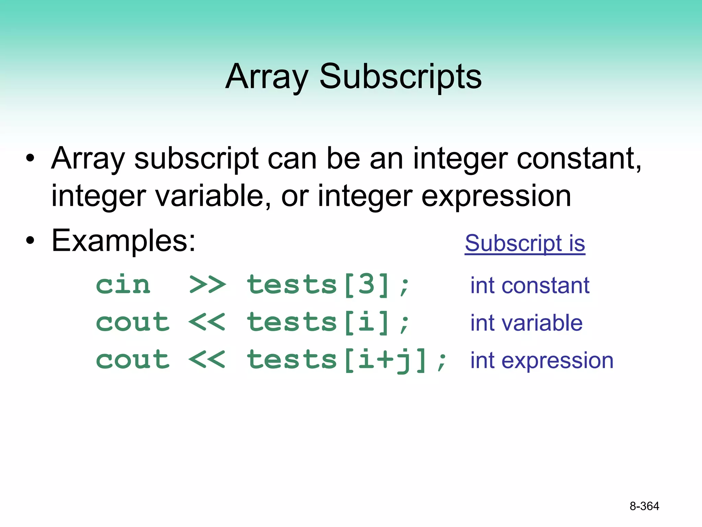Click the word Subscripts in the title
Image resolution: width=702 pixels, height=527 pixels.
click(400, 77)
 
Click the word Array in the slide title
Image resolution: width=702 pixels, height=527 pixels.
click(267, 77)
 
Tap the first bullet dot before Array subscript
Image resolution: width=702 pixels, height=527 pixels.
click(30, 159)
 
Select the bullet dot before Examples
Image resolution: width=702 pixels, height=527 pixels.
click(30, 241)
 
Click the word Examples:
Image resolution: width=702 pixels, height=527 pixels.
click(123, 241)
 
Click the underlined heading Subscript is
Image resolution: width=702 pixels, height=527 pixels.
click(525, 243)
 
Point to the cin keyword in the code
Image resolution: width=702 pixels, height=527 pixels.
click(123, 285)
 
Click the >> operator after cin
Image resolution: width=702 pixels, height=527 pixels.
click(207, 285)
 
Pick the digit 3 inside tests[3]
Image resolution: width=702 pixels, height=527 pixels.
click(367, 285)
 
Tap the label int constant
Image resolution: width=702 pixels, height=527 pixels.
click(530, 285)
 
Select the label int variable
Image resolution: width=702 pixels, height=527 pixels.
click(526, 323)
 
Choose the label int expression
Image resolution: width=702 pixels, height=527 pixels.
click(542, 360)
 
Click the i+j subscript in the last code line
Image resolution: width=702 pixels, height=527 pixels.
click(386, 360)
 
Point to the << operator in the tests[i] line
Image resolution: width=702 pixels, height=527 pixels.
click(207, 322)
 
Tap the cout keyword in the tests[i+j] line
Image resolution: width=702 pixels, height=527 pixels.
click(133, 360)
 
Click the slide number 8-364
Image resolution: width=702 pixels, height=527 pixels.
click(644, 506)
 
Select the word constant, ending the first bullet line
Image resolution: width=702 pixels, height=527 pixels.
click(579, 159)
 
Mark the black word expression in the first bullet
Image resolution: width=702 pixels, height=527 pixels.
click(496, 196)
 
